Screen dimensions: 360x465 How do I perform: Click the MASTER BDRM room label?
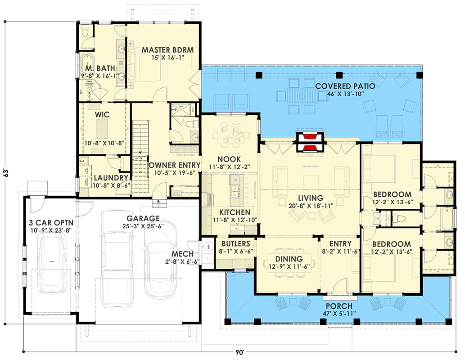coord(167,50)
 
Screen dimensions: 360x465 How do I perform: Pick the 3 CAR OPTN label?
coord(51,222)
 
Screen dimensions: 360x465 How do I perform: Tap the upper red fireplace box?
coord(310,137)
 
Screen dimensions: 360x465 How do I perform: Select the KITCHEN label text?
coord(235,212)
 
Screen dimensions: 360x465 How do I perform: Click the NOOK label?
coord(229,159)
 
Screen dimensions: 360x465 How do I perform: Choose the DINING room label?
coord(289,259)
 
